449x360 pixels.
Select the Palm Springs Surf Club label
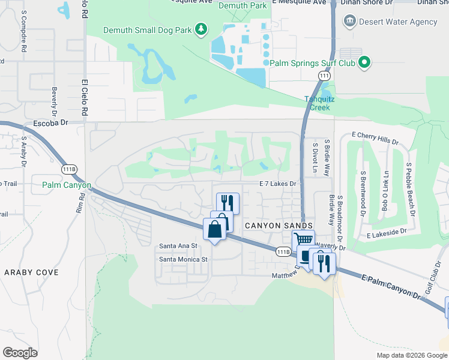coord(312,62)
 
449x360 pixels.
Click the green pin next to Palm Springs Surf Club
coord(364,62)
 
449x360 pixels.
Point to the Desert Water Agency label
coord(398,22)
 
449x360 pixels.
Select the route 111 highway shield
coord(324,76)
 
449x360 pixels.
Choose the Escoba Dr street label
coord(53,122)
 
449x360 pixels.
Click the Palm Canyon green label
coord(67,185)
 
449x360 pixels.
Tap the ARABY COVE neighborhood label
coord(32,272)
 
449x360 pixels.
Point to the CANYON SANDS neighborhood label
coord(279,225)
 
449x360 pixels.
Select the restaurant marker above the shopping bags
coord(228,202)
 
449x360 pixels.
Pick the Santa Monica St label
coord(183,259)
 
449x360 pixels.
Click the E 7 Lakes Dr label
coord(278,184)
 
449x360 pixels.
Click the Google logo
coord(20,353)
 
